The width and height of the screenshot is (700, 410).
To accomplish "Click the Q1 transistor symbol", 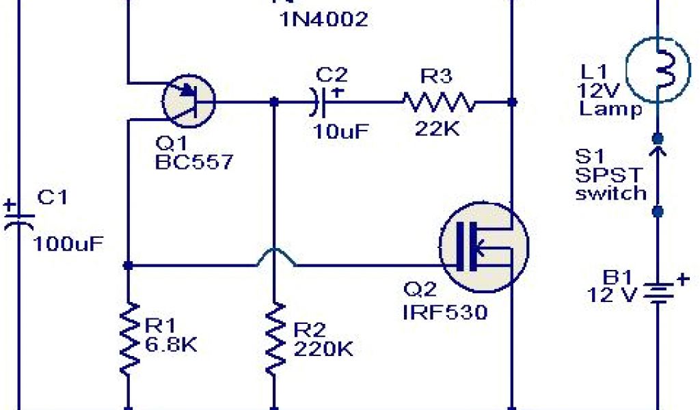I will [x=189, y=101].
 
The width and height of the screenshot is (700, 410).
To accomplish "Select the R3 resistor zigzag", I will [x=438, y=102].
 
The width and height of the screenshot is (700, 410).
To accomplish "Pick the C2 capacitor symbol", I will [x=320, y=102].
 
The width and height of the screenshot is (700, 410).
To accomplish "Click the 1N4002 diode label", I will [x=323, y=20].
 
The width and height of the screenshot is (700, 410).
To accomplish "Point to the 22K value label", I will [x=437, y=129].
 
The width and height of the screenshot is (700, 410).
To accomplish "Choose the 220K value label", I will [x=323, y=350].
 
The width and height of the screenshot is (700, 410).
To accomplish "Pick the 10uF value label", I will [x=340, y=130].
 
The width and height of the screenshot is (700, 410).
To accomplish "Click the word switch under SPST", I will [x=610, y=193].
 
